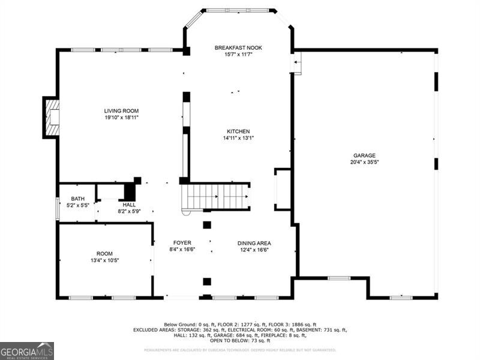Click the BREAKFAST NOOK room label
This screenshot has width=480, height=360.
[238, 47]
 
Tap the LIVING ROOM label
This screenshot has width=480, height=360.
[121, 111]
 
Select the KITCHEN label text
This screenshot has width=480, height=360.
[238, 131]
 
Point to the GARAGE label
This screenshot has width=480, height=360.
[364, 155]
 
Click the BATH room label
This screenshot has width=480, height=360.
[78, 199]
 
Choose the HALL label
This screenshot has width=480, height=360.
[129, 205]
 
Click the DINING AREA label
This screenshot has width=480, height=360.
[254, 243]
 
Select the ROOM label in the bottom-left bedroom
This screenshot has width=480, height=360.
[104, 254]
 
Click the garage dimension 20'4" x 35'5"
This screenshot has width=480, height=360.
[364, 162]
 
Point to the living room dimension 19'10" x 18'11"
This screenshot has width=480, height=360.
[121, 118]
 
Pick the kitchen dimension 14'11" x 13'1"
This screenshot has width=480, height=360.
[238, 138]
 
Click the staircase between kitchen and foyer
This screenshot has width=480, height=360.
[217, 196]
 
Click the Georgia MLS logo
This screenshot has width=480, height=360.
[27, 350]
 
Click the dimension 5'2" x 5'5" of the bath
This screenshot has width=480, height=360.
[78, 205]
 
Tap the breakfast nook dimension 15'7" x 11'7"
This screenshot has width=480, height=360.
[238, 54]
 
